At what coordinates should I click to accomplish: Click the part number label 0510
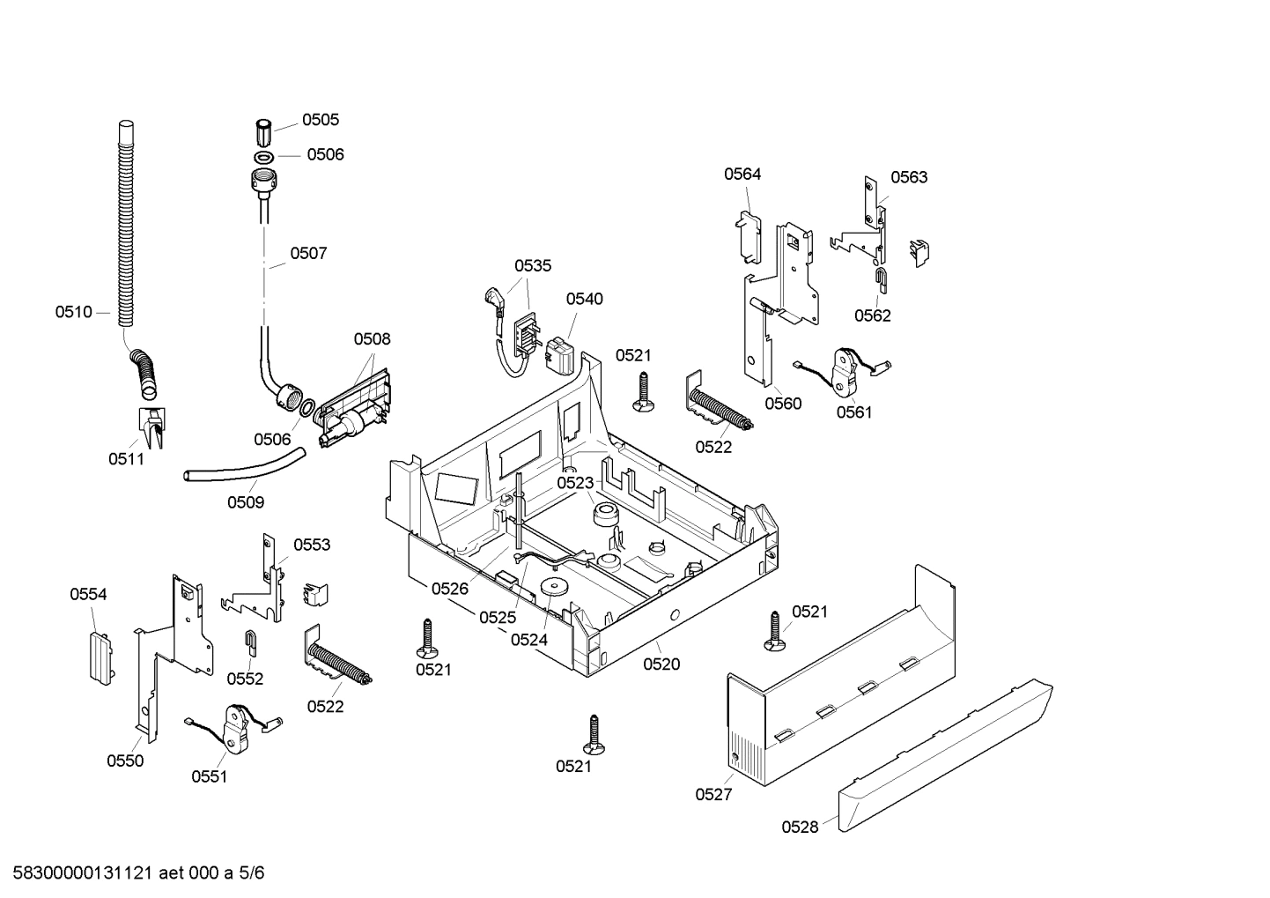pos(73,312)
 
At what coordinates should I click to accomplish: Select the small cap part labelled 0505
pos(262,132)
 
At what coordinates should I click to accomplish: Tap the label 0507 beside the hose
pos(308,254)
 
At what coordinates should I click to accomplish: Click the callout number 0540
pos(584,299)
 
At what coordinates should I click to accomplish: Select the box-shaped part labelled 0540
pos(561,356)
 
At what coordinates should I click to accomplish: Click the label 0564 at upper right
pos(742,174)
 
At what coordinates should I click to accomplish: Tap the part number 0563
pos(908,177)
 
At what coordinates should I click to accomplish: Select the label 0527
pos(713,795)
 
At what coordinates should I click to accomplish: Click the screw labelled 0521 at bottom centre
pos(597,734)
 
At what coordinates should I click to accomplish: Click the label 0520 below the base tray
pos(661,664)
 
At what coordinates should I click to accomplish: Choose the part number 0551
pos(209,776)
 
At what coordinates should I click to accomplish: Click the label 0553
pos(312,545)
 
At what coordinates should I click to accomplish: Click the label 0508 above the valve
pos(372,339)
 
